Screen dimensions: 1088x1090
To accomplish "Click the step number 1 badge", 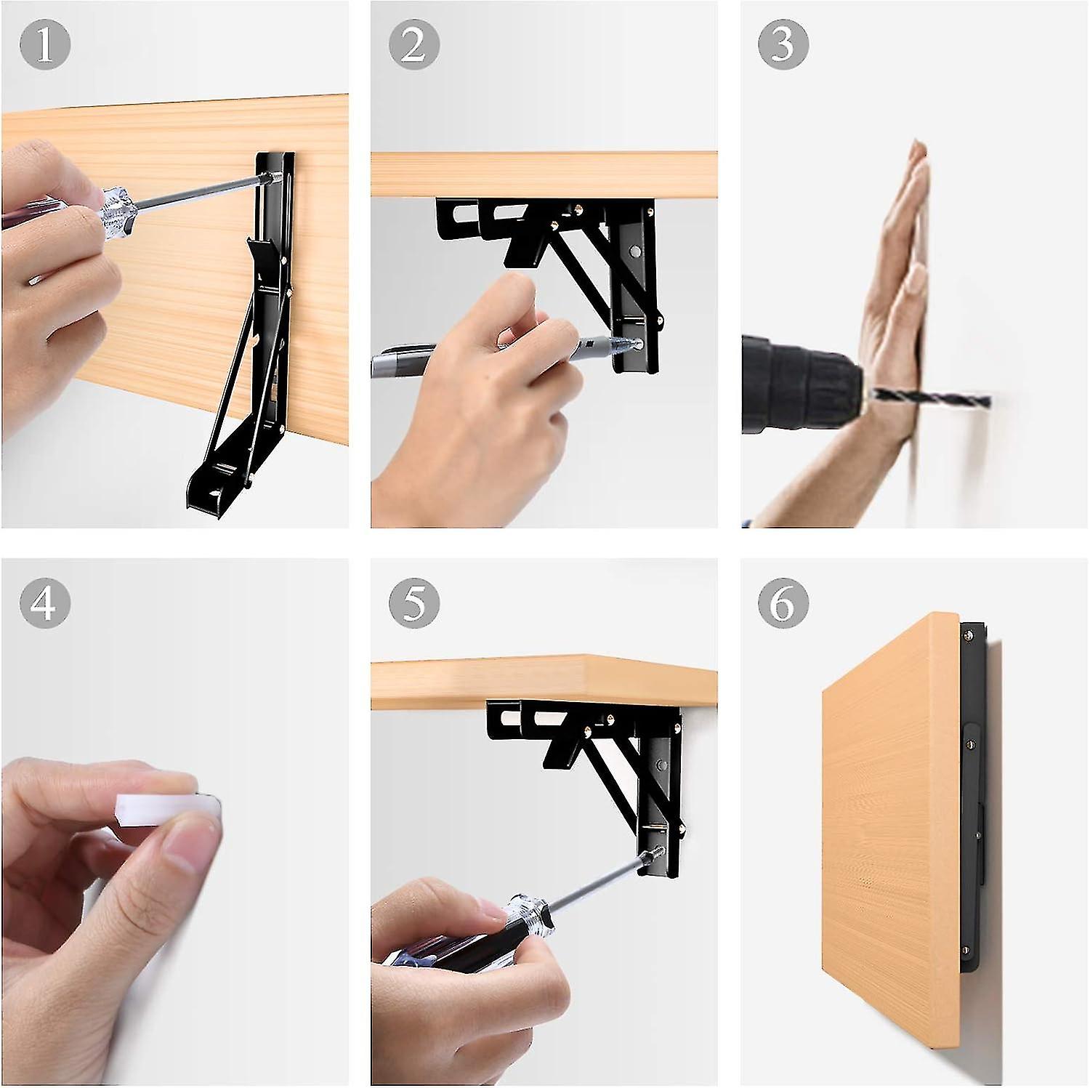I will pyautogui.click(x=45, y=44).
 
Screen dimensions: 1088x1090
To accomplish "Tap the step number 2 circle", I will pyautogui.click(x=413, y=44).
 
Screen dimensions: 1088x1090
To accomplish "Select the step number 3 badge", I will pyautogui.click(x=783, y=44).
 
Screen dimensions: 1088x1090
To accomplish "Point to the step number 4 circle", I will pyautogui.click(x=45, y=602).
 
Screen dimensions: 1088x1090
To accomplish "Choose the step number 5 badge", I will pyautogui.click(x=413, y=602).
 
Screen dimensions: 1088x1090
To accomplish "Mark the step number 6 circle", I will pyautogui.click(x=783, y=602).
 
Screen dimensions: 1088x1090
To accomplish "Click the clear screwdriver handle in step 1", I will pyautogui.click(x=116, y=211).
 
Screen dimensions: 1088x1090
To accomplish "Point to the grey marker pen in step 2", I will pyautogui.click(x=407, y=361).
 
